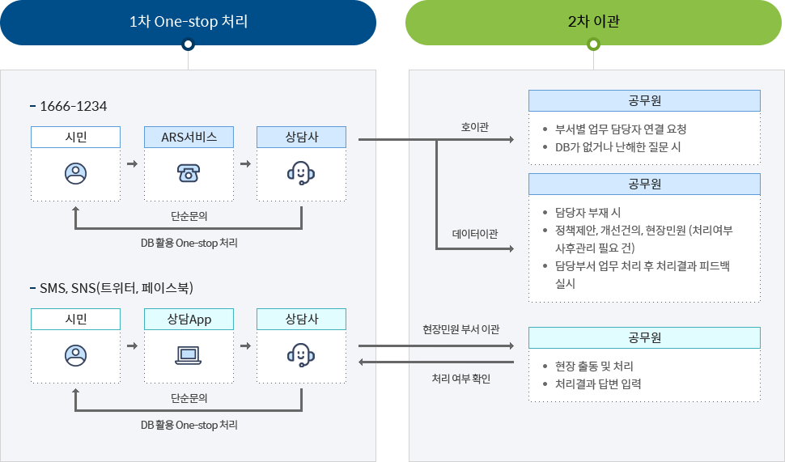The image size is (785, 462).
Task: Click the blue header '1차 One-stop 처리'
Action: (188, 22)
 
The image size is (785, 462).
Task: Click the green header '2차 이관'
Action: (593, 22)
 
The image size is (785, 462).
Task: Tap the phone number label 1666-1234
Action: (73, 106)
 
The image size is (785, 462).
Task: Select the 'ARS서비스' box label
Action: (189, 137)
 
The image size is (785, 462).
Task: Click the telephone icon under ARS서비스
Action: (189, 172)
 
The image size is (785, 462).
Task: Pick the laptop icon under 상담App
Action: (189, 354)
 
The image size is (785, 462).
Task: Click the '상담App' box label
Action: (189, 319)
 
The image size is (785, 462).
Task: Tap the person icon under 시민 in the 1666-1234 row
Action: (75, 172)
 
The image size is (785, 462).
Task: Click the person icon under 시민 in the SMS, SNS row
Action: (75, 354)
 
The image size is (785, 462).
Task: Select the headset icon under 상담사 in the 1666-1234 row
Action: (301, 172)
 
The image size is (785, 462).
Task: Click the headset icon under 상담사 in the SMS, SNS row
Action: (301, 354)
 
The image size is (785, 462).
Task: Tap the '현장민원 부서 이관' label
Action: (461, 329)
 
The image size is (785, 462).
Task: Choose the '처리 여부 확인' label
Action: (461, 378)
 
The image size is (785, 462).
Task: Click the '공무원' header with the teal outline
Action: (644, 337)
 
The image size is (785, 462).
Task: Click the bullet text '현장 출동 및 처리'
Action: (594, 367)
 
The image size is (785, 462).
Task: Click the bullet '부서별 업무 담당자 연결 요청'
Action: (621, 129)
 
